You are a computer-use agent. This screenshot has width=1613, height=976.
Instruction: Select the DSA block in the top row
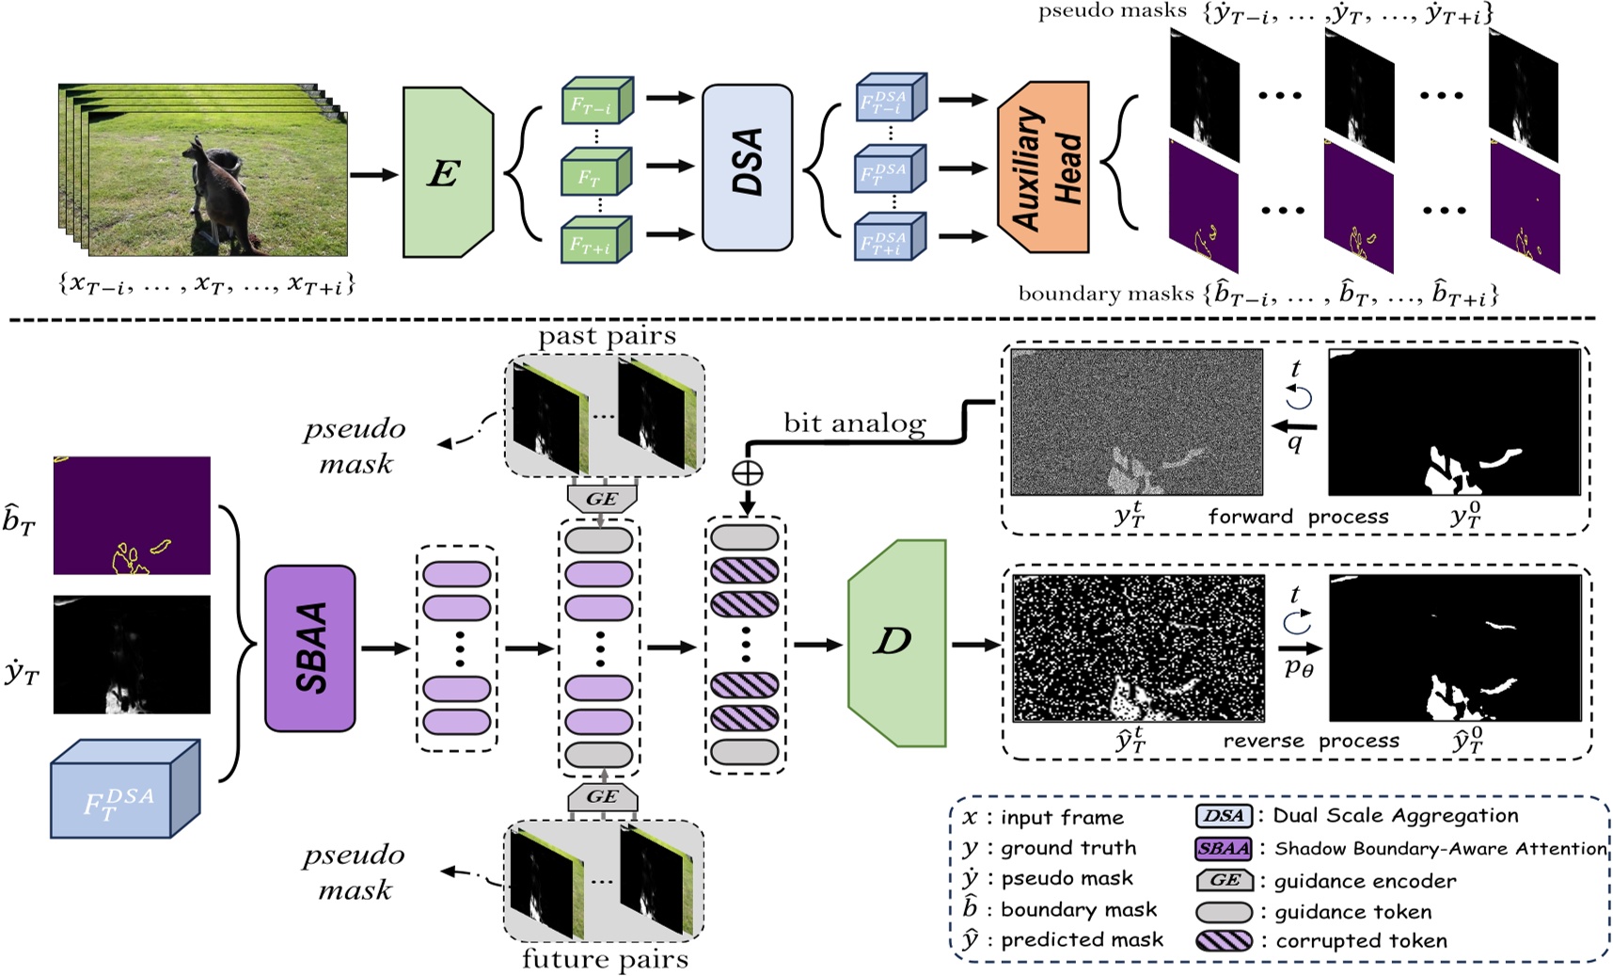point(747,167)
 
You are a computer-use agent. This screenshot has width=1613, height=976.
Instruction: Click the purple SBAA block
point(310,648)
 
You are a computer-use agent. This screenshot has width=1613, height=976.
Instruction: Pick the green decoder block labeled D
point(894,643)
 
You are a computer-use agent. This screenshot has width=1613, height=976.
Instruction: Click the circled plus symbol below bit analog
point(747,473)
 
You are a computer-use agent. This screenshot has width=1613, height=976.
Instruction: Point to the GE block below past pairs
point(602,499)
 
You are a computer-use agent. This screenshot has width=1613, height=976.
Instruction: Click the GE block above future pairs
point(602,796)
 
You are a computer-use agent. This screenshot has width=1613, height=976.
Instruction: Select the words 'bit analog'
point(854,424)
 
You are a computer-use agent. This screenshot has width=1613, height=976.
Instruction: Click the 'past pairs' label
point(607,336)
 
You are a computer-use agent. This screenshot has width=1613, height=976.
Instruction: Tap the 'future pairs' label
point(605,959)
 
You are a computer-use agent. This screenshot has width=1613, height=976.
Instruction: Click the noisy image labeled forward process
point(1136,422)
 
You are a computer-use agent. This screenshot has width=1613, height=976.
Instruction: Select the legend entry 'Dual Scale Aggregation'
point(1395,816)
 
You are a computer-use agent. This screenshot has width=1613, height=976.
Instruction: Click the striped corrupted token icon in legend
point(1224,940)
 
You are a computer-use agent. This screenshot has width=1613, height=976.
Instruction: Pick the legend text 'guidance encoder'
point(1365,881)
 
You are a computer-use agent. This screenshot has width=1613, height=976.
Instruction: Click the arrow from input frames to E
point(373,174)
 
